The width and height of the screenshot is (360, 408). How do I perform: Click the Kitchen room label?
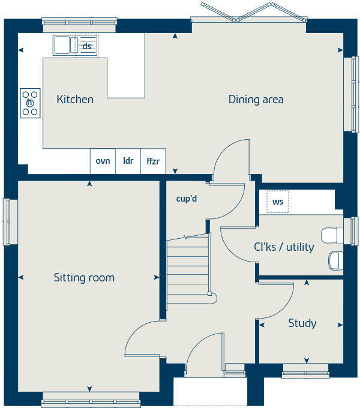[75, 99]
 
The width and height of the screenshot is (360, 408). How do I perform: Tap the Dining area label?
[256, 99]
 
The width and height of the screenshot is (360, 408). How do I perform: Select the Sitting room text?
[84, 277]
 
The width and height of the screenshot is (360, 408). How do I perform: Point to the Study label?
[302, 323]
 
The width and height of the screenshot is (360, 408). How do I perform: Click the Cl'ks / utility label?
[284, 247]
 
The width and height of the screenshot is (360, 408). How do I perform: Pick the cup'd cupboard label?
[187, 199]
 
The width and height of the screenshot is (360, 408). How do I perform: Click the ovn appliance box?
[103, 161]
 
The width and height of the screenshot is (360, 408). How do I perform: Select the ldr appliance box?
[128, 161]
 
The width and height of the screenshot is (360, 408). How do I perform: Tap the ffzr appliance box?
[153, 161]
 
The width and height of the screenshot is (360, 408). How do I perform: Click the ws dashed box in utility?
[278, 202]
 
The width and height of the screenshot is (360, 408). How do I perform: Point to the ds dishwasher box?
[87, 46]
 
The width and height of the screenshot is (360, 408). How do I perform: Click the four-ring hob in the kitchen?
[30, 103]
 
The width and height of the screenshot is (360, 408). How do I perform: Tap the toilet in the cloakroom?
[331, 235]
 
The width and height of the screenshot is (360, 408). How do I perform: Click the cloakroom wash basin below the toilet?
[335, 260]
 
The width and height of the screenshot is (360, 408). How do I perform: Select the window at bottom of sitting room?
[91, 400]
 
